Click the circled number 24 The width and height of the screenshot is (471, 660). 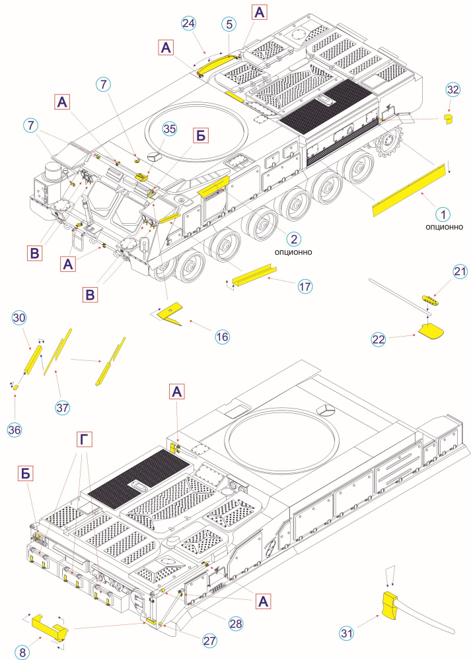(188, 24)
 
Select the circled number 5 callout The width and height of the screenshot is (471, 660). (229, 24)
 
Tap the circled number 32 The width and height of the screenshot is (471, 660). (453, 90)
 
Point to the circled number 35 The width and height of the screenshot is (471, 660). (170, 129)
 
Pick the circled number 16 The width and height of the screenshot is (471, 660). (222, 337)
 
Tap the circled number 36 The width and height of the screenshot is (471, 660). (15, 430)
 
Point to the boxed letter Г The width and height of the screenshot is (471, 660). (83, 439)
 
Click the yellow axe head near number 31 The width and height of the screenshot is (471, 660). (391, 603)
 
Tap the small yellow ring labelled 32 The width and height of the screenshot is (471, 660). (448, 119)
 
